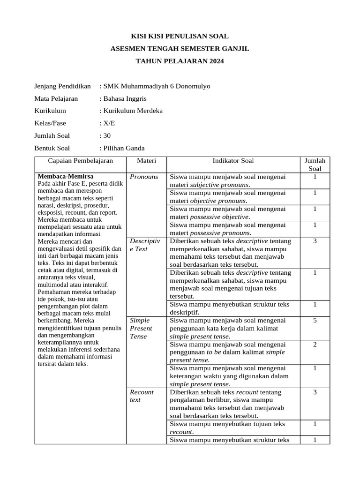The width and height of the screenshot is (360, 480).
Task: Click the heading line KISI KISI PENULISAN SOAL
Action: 180,36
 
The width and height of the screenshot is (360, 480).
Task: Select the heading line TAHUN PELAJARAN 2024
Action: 180,61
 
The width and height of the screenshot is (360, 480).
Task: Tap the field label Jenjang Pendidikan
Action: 62,86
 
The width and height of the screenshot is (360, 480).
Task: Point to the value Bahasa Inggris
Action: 125,98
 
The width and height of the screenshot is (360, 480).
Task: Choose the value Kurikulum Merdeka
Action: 133,111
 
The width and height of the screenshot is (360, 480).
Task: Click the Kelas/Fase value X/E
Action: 108,123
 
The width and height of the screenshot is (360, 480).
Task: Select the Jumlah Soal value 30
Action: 107,136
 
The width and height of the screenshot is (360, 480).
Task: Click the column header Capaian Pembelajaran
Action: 81,161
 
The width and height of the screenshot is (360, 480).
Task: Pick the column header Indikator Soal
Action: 233,161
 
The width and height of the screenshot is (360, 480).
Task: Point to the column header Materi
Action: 146,161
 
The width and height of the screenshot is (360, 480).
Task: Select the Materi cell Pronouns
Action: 144,177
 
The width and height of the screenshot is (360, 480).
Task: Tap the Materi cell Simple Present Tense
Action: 141,328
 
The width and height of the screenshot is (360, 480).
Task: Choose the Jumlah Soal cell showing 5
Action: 315,320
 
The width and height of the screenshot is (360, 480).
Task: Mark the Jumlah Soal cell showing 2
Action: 315,344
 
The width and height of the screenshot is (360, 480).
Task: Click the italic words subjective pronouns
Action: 219,185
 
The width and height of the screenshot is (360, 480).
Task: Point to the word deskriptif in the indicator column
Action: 184,312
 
